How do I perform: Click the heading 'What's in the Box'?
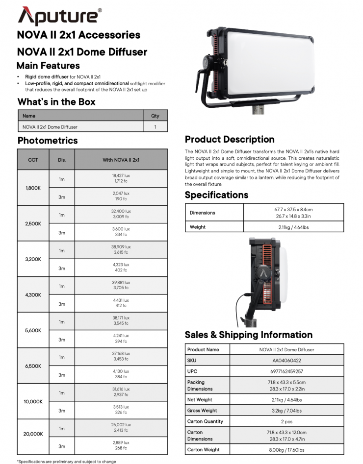56,102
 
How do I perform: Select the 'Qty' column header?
155,116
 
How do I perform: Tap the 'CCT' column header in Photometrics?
33,160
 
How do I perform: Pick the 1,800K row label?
33,188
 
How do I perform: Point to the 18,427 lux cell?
121,178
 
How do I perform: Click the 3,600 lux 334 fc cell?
121,232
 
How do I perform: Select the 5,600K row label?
33,331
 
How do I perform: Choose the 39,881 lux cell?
121,285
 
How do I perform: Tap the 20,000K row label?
33,434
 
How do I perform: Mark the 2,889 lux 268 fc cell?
121,445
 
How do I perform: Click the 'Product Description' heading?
230,139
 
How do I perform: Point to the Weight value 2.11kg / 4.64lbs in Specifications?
293,227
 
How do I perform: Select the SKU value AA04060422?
286,361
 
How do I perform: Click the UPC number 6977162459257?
286,371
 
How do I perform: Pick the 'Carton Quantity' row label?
205,421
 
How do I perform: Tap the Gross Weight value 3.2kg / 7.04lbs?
286,411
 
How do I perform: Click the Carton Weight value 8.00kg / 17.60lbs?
286,450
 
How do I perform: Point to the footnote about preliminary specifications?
67,461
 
